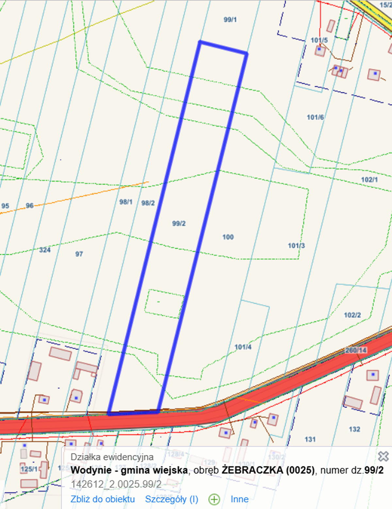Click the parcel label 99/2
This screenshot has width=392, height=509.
pyautogui.click(x=179, y=224)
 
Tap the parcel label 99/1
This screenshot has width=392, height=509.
pyautogui.click(x=230, y=20)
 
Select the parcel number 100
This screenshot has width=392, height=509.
pyautogui.click(x=228, y=237)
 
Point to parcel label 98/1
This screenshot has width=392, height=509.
pyautogui.click(x=126, y=202)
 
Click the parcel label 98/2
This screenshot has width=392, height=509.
pyautogui.click(x=148, y=203)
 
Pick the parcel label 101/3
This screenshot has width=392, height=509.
pyautogui.click(x=296, y=246)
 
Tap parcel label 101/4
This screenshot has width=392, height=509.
pyautogui.click(x=243, y=347)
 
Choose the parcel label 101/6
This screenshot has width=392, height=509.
pyautogui.click(x=315, y=117)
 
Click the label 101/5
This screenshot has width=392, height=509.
pyautogui.click(x=319, y=40)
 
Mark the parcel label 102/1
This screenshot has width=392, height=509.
pyautogui.click(x=369, y=180)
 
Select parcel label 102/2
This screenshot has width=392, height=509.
pyautogui.click(x=352, y=315)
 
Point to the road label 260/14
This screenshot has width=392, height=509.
pyautogui.click(x=356, y=350)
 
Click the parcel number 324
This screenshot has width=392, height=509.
pyautogui.click(x=45, y=250)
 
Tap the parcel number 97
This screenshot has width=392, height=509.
pyautogui.click(x=79, y=254)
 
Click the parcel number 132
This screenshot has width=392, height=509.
pyautogui.click(x=354, y=429)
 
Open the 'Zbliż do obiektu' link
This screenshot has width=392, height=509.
pyautogui.click(x=103, y=499)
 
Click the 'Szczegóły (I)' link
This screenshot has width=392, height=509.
pyautogui.click(x=171, y=499)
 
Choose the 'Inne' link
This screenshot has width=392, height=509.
pyautogui.click(x=239, y=499)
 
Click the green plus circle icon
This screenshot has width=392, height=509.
pyautogui.click(x=214, y=499)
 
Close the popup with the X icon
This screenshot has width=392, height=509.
pyautogui.click(x=383, y=456)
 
